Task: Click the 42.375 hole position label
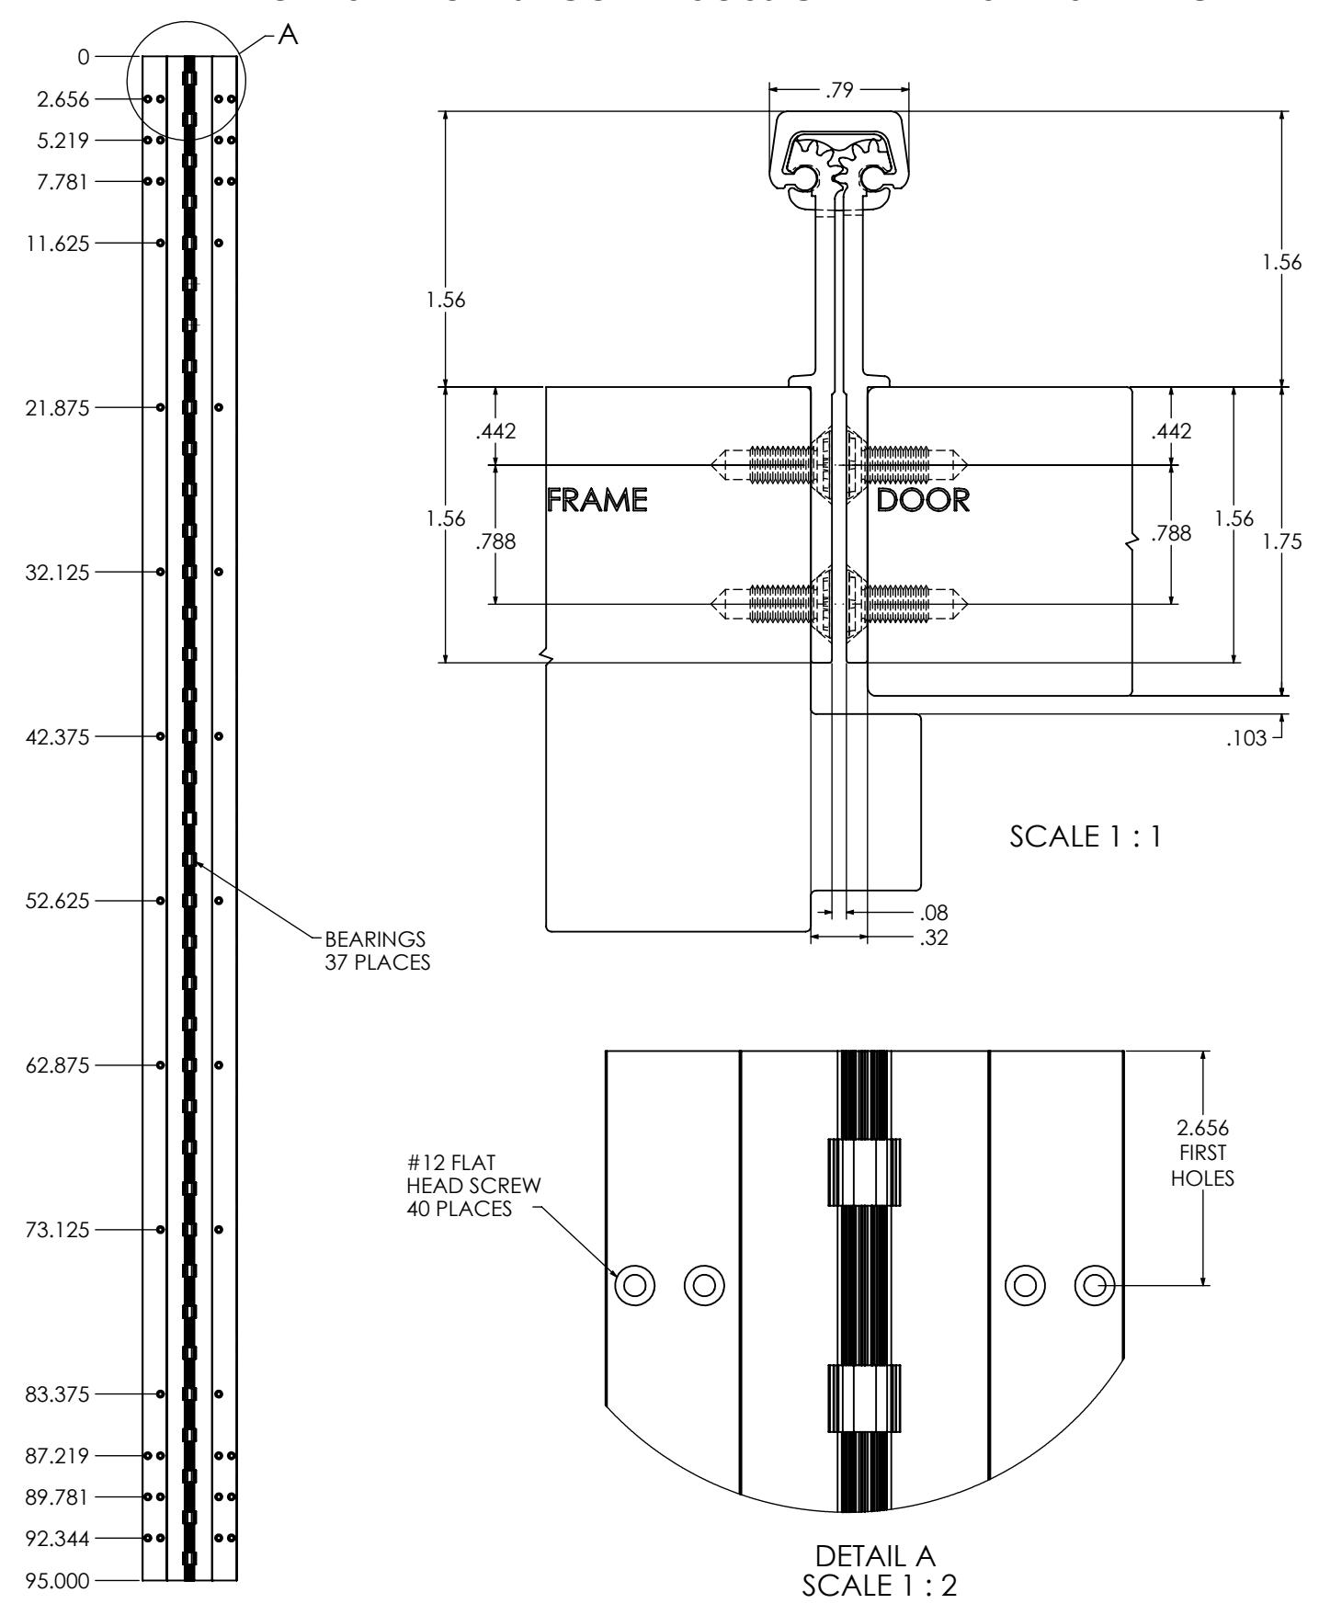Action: pyautogui.click(x=58, y=736)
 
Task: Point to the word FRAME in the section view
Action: pyautogui.click(x=597, y=500)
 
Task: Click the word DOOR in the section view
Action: pyautogui.click(x=923, y=500)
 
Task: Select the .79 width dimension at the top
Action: pyautogui.click(x=839, y=89)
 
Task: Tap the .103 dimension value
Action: pyautogui.click(x=1247, y=737)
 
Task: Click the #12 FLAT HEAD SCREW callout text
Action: pyautogui.click(x=473, y=1186)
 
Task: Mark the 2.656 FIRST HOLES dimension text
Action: pyautogui.click(x=1203, y=1153)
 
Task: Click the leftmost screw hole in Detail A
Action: pyautogui.click(x=634, y=1284)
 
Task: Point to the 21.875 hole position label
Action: pyautogui.click(x=58, y=407)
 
